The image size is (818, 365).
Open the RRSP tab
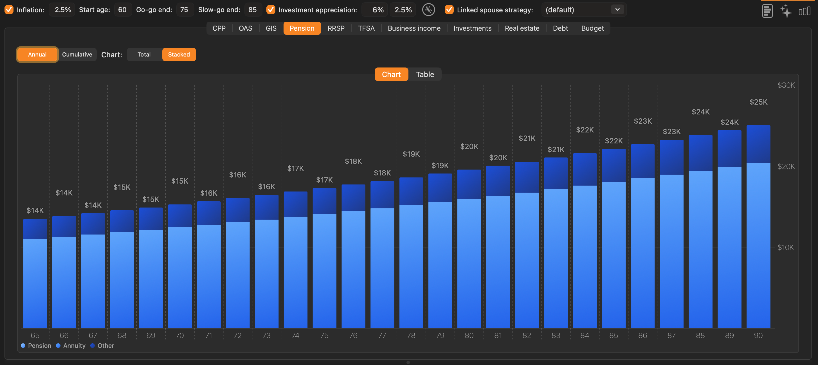click(x=336, y=28)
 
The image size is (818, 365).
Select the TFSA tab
click(x=366, y=28)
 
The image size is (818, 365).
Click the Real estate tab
click(x=522, y=28)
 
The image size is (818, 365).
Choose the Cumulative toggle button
click(x=77, y=55)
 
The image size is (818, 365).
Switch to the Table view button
click(x=425, y=74)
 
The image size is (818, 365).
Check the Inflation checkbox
click(x=9, y=10)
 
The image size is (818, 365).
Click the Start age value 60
click(x=122, y=10)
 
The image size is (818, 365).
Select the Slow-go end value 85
click(x=252, y=10)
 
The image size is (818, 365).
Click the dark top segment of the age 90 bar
click(x=758, y=144)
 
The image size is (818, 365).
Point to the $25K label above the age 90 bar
click(x=758, y=102)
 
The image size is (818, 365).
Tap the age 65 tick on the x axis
click(x=35, y=335)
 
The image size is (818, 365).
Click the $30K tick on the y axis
click(x=786, y=85)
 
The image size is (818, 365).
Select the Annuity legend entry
click(x=71, y=346)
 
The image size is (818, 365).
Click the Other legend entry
click(x=102, y=346)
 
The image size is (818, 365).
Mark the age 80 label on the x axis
click(x=469, y=335)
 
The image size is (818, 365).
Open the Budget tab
click(x=592, y=28)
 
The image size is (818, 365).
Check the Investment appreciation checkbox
click(x=271, y=10)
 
